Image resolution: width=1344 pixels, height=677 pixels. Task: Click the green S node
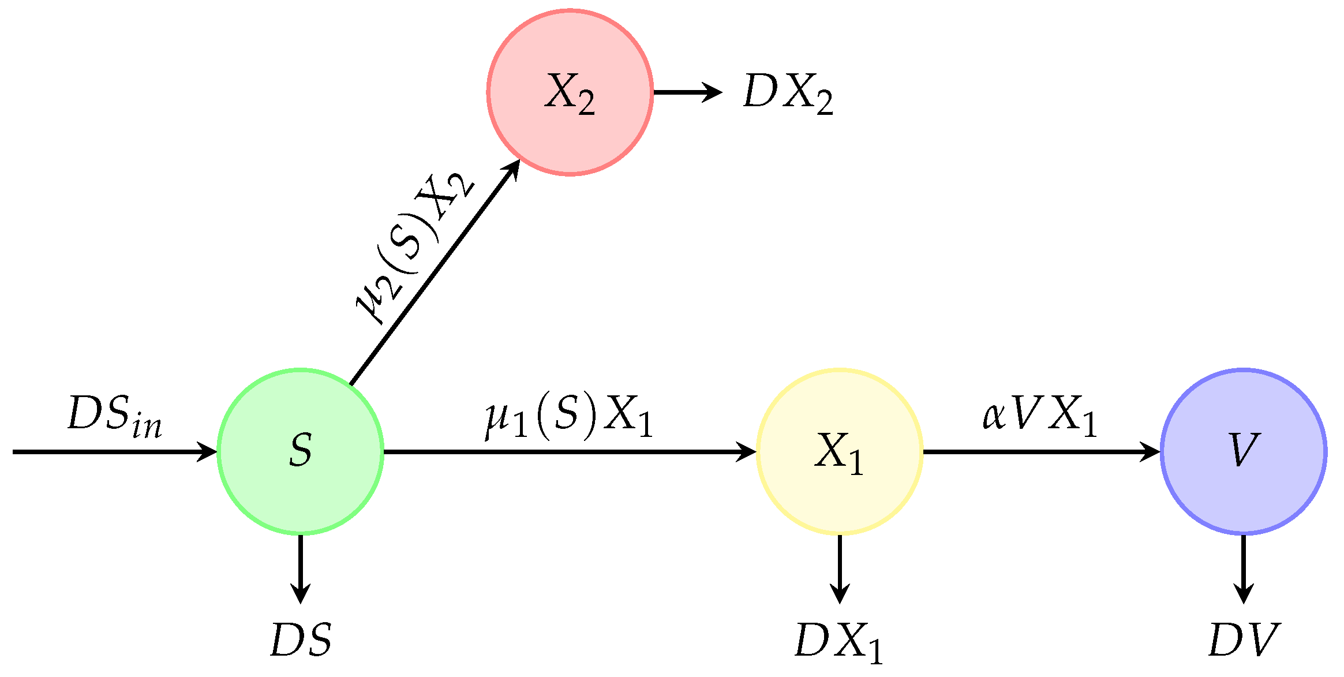click(300, 451)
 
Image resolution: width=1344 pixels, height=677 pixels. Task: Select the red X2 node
click(570, 92)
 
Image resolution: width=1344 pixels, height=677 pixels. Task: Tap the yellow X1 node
click(839, 451)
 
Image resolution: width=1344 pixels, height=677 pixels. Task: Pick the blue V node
click(1243, 451)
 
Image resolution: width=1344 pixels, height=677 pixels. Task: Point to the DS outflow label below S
click(301, 639)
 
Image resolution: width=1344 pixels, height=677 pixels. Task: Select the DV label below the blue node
click(1244, 639)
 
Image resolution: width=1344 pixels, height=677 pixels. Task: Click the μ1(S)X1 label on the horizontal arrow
click(568, 417)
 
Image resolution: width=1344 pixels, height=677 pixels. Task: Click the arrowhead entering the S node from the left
click(208, 451)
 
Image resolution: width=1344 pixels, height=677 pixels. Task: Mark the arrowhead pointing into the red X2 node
click(512, 169)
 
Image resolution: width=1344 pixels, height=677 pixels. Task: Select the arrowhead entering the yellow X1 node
click(747, 451)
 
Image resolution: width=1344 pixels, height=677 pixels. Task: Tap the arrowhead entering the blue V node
click(1151, 451)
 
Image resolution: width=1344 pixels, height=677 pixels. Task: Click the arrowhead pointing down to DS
click(300, 594)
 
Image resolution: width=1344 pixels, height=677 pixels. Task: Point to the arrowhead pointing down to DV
click(1243, 594)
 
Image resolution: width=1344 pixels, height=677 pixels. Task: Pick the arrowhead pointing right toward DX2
click(713, 92)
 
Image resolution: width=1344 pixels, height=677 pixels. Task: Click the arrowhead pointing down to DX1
click(839, 594)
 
